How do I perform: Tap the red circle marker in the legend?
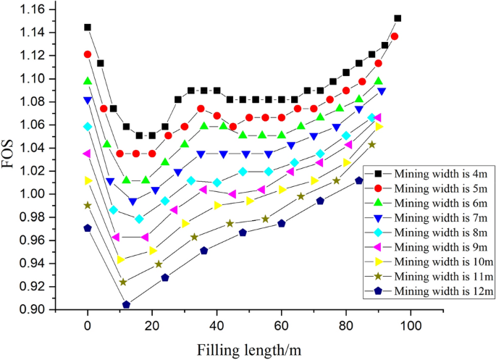pyautogui.click(x=379, y=189)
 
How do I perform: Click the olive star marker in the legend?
pyautogui.click(x=379, y=277)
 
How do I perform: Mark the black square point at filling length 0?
pyautogui.click(x=88, y=28)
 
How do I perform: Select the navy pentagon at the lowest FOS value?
pyautogui.click(x=127, y=305)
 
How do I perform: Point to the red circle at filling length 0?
pyautogui.click(x=88, y=54)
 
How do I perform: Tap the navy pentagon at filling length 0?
pyautogui.click(x=88, y=228)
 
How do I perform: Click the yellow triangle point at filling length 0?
pyautogui.click(x=88, y=180)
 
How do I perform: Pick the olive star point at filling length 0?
pyautogui.click(x=88, y=206)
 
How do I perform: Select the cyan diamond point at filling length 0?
pyautogui.click(x=88, y=127)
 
